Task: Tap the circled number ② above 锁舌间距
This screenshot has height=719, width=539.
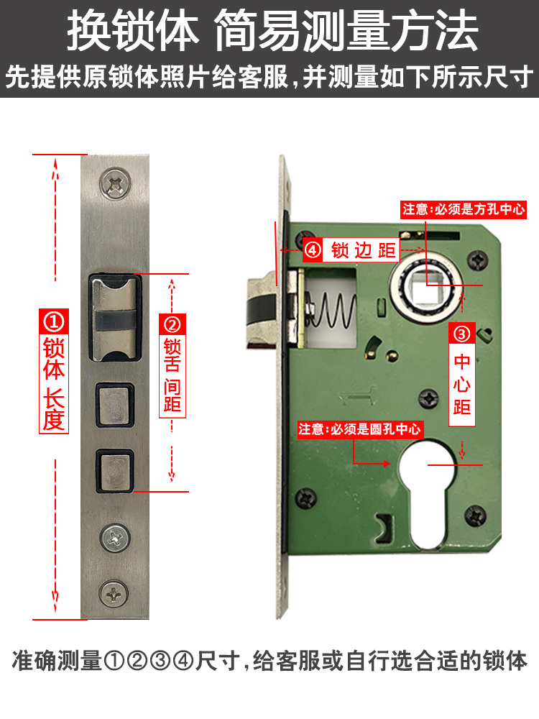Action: tap(172, 324)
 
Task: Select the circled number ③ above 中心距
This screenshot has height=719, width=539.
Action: tap(461, 333)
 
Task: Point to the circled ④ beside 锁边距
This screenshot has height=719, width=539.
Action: tap(313, 250)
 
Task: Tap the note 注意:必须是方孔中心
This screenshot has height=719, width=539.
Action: tap(464, 209)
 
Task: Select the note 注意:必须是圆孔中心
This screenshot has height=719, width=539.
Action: tap(361, 429)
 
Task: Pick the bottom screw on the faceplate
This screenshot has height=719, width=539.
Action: tap(114, 594)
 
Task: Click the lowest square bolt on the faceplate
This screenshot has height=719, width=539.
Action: tap(114, 472)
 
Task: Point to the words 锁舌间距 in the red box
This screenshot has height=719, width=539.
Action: tap(172, 375)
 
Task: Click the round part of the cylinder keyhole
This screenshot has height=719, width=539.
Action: tap(428, 465)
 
